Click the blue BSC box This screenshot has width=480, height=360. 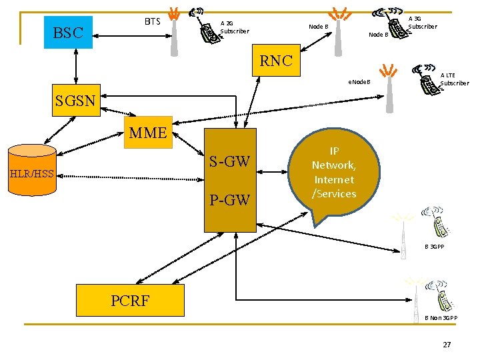tap(68, 33)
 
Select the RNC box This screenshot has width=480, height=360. tap(276, 61)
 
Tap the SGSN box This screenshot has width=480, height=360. tap(75, 101)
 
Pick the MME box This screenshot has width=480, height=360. tap(148, 132)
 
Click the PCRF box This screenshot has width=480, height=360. tap(130, 300)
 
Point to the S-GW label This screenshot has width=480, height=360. tap(229, 161)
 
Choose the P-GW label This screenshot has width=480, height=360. tap(229, 199)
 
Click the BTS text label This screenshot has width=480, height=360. tap(153, 21)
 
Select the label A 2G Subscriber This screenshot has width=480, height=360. tap(235, 27)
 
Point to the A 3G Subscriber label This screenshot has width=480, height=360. tap(422, 23)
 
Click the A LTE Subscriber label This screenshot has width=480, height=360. tap(455, 79)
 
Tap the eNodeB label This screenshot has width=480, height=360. tap(359, 83)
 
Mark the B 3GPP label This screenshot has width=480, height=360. tap(435, 247)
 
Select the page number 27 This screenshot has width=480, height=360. tap(447, 345)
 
